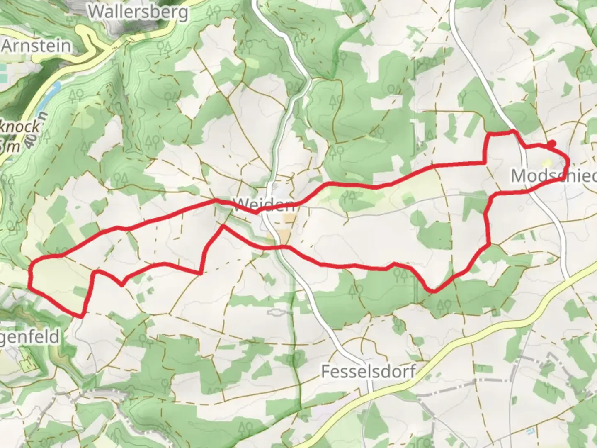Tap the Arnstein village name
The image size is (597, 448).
point(36,46)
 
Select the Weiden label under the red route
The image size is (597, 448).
point(264,205)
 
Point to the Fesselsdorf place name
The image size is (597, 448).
point(368,371)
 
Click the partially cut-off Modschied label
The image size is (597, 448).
point(554,176)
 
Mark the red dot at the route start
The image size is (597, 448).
point(551,144)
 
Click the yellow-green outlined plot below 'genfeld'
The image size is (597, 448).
point(27,364)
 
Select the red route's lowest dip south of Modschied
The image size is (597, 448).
point(432,291)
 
